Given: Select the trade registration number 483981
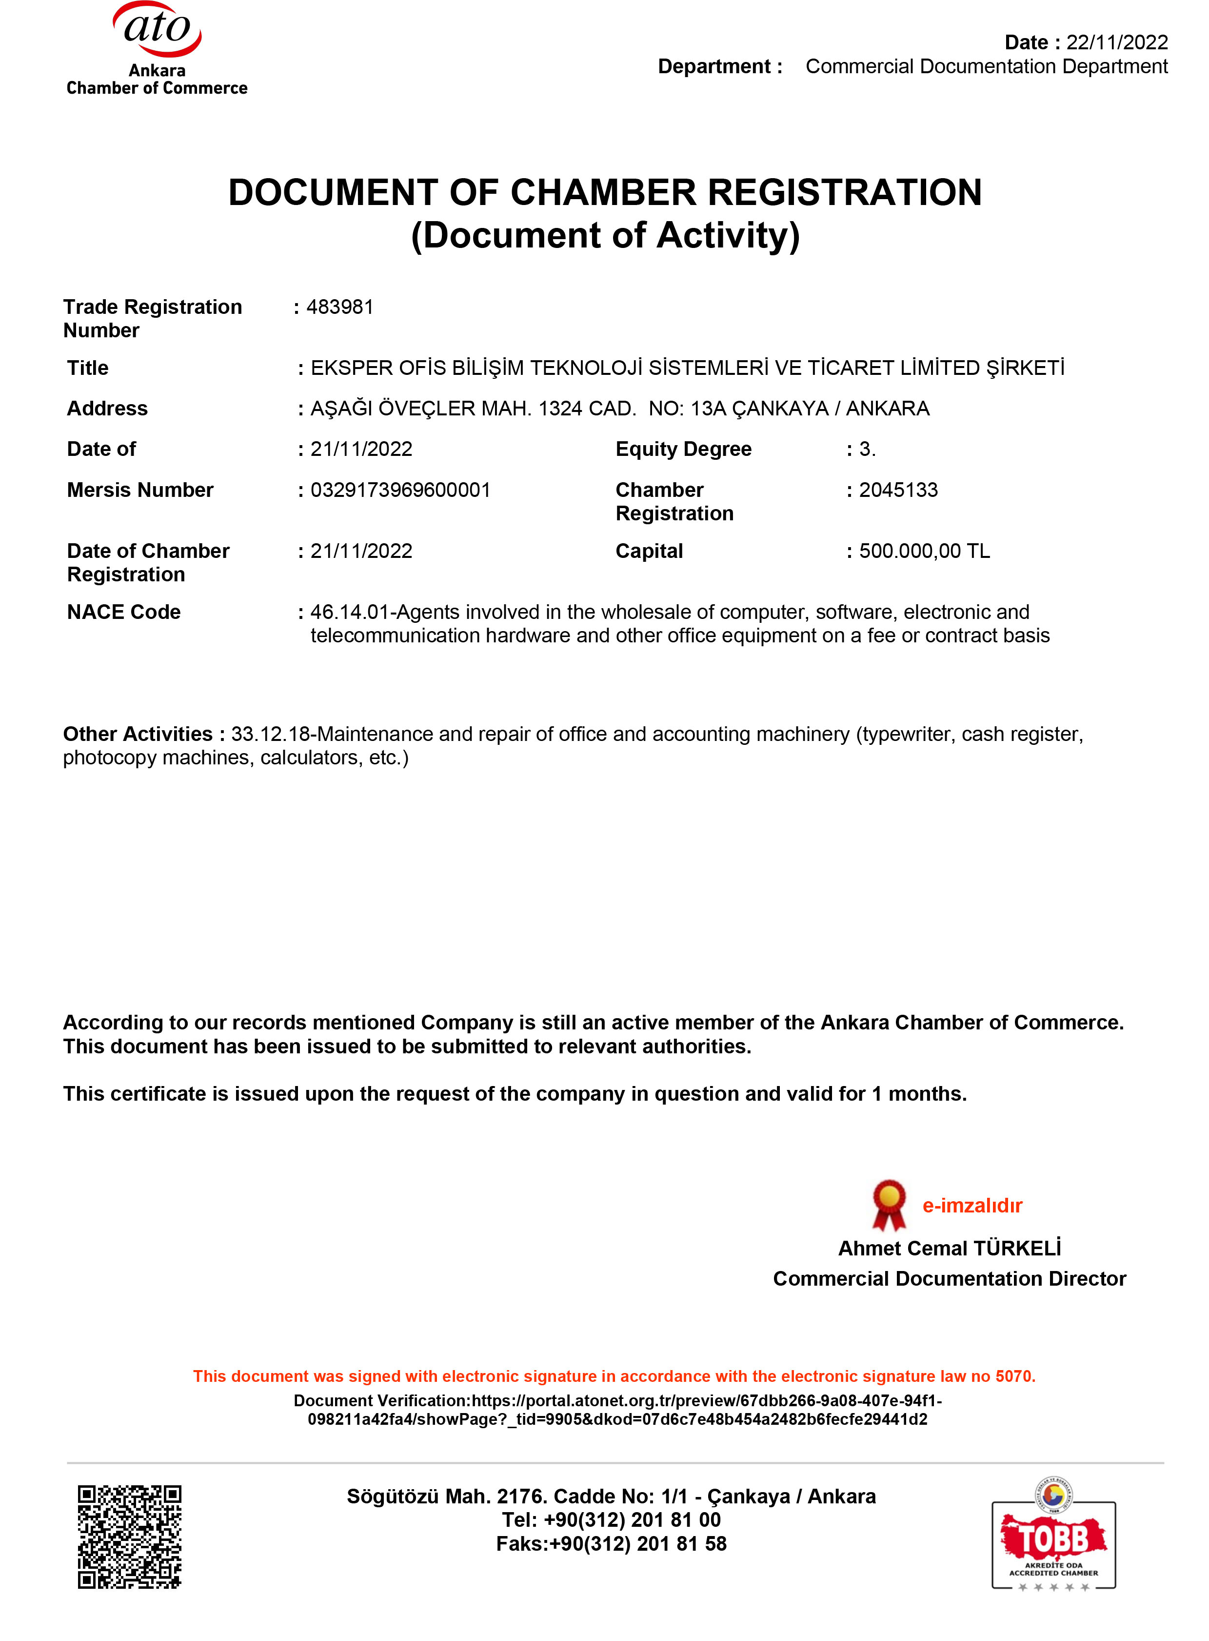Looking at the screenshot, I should coord(339,307).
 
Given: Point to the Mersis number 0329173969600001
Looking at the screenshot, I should coord(400,490).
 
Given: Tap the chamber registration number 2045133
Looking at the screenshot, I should coord(898,490).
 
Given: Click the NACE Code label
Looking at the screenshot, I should coord(124,612).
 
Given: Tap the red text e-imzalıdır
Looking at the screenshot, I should coord(972,1205).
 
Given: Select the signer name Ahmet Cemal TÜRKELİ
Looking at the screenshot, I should coord(949,1248).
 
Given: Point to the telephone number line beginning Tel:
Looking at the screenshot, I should coord(611,1519).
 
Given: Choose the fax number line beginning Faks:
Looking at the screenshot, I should coord(611,1543).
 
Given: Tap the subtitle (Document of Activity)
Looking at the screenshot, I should coord(605,236).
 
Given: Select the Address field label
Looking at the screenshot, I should coord(108,408).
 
